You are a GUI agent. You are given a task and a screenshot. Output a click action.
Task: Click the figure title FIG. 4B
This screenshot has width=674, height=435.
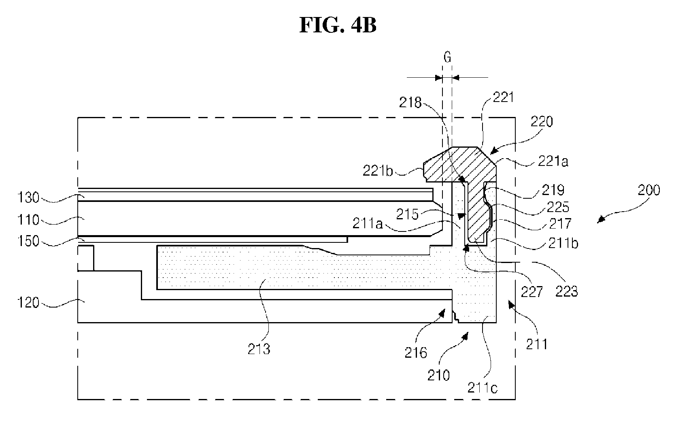point(338,25)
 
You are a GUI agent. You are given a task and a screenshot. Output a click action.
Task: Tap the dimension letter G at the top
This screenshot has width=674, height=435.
point(447,57)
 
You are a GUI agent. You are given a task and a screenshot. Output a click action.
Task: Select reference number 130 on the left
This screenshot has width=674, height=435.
point(28,197)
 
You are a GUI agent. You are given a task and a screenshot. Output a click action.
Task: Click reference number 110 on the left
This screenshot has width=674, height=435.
point(28,220)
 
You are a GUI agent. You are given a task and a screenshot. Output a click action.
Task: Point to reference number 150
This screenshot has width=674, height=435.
point(28,241)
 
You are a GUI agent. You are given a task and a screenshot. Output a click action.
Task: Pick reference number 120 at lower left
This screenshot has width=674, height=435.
point(28,302)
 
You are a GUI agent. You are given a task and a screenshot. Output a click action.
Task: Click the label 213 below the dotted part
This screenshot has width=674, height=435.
point(259,349)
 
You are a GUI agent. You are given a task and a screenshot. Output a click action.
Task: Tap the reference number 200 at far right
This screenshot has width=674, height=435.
point(649,190)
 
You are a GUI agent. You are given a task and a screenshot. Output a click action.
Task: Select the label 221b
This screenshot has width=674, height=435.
point(378,171)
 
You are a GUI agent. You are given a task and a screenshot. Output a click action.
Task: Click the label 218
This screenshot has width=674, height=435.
point(410,103)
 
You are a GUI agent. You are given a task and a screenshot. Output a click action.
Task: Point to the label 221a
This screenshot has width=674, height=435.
point(553,161)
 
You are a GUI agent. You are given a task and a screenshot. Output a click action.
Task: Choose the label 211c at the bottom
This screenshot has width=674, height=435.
point(483,388)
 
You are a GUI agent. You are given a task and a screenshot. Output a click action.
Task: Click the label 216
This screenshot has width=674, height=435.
point(416,352)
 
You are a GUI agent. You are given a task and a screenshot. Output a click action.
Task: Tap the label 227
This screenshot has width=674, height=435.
point(532,292)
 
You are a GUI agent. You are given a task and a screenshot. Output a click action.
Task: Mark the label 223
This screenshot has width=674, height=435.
point(566,291)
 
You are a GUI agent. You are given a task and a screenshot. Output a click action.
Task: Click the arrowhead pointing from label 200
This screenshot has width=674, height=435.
point(601,220)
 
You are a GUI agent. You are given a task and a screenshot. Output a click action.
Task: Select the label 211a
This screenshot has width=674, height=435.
point(368,223)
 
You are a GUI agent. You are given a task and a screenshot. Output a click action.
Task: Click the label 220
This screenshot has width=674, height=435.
point(542,122)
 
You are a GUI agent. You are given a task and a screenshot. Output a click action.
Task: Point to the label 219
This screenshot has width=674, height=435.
point(553,190)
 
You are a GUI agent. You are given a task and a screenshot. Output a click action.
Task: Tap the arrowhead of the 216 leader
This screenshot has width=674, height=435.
point(442,312)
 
